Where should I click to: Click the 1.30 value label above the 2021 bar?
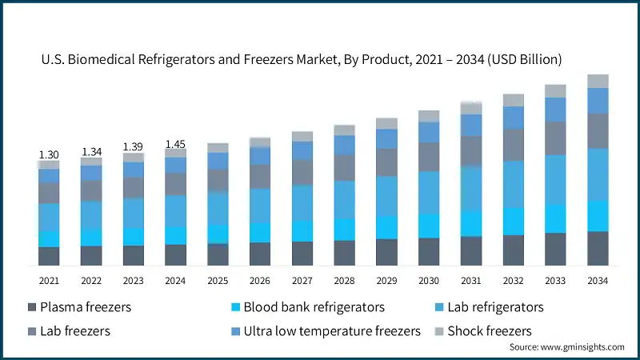point(49,155)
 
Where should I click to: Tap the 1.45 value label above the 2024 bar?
point(175,144)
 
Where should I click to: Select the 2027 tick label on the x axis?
point(302,280)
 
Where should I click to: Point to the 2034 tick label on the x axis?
point(598,280)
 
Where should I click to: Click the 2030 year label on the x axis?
point(429,280)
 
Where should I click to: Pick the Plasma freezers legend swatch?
point(31,307)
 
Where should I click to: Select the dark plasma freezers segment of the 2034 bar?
point(598,248)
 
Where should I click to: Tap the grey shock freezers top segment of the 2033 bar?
point(555,91)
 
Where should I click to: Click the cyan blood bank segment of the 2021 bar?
point(49,239)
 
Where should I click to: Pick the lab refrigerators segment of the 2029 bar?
point(386,196)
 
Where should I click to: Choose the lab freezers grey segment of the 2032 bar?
point(513,145)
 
